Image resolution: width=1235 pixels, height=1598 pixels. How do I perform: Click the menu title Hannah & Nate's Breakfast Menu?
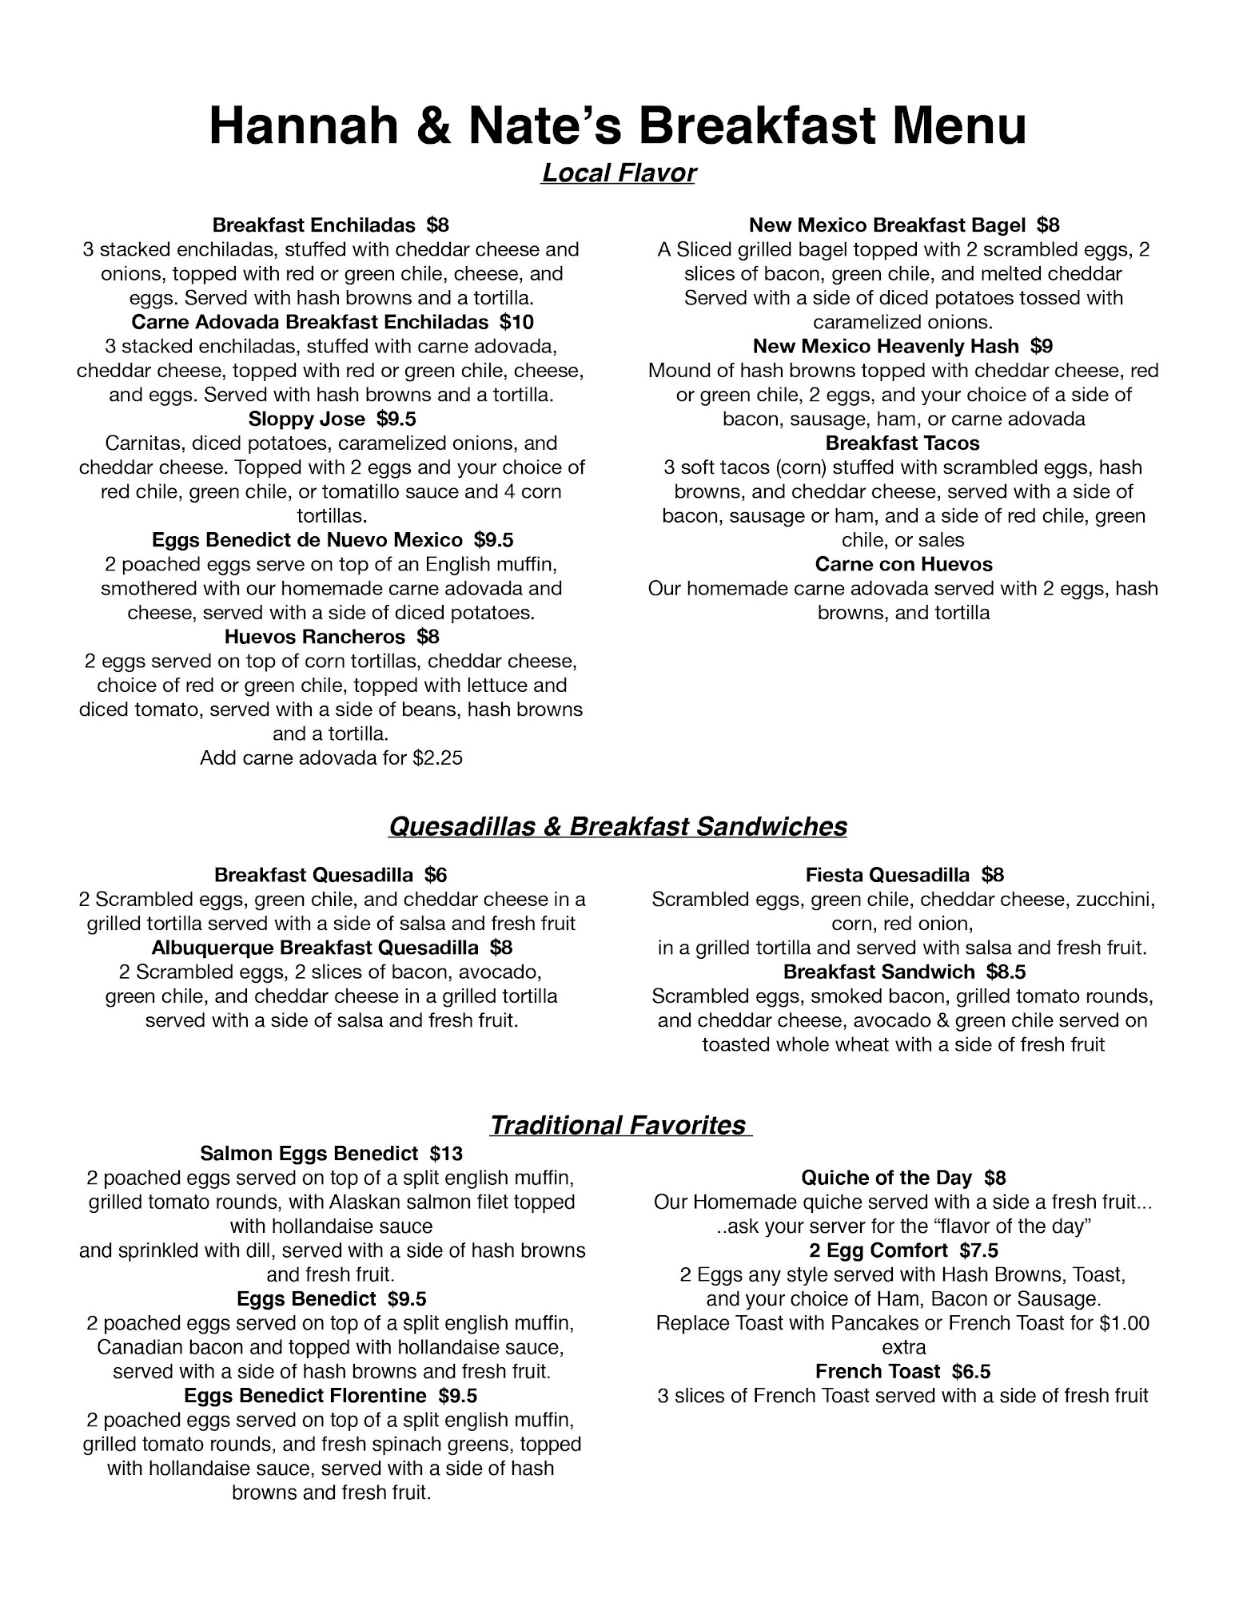pyautogui.click(x=617, y=126)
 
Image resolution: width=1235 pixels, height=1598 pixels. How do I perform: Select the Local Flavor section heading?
pyautogui.click(x=618, y=173)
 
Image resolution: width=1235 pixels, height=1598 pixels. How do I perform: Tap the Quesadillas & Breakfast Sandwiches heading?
pyautogui.click(x=617, y=826)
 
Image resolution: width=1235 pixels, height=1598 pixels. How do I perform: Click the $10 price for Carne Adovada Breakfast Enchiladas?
pyautogui.click(x=516, y=322)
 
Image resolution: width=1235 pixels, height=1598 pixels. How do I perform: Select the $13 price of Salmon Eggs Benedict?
pyautogui.click(x=445, y=1153)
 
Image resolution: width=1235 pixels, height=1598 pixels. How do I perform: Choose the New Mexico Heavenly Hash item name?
pyautogui.click(x=885, y=346)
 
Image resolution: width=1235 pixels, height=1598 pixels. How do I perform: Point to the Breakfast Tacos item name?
pyautogui.click(x=902, y=443)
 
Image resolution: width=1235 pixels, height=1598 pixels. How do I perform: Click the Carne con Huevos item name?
pyautogui.click(x=903, y=564)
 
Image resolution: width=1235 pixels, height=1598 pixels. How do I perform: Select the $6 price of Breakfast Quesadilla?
pyautogui.click(x=436, y=875)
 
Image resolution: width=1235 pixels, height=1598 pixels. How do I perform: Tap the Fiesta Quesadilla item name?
pyautogui.click(x=887, y=875)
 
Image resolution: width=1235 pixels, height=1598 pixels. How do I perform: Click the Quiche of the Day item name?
pyautogui.click(x=886, y=1178)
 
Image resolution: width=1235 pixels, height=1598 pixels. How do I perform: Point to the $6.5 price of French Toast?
pyautogui.click(x=970, y=1371)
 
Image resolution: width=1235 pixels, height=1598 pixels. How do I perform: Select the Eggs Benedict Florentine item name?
pyautogui.click(x=305, y=1395)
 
